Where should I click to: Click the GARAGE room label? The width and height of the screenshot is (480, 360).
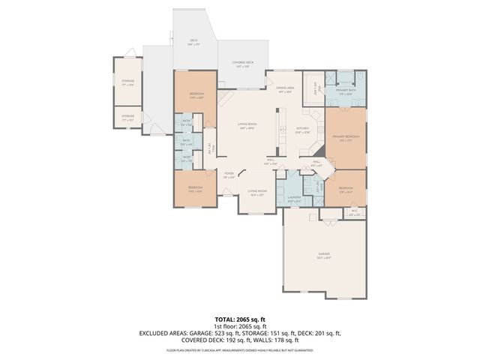point(325,254)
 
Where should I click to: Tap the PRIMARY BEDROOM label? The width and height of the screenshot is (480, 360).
point(345,137)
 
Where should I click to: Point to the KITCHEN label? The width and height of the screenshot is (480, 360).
point(302,129)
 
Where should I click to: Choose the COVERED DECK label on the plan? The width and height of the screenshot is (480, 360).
point(240,64)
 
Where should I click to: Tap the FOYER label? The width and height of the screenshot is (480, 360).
point(229,174)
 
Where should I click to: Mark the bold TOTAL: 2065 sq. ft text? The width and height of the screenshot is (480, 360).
point(240,319)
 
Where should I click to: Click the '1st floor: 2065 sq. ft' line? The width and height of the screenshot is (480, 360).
point(240,326)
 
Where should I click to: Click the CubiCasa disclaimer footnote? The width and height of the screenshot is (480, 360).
point(240,349)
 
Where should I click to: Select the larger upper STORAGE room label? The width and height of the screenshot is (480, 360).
point(128,82)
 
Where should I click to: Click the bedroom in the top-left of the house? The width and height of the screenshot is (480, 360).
point(196,94)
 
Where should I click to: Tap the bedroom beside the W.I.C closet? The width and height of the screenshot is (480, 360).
point(346,188)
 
